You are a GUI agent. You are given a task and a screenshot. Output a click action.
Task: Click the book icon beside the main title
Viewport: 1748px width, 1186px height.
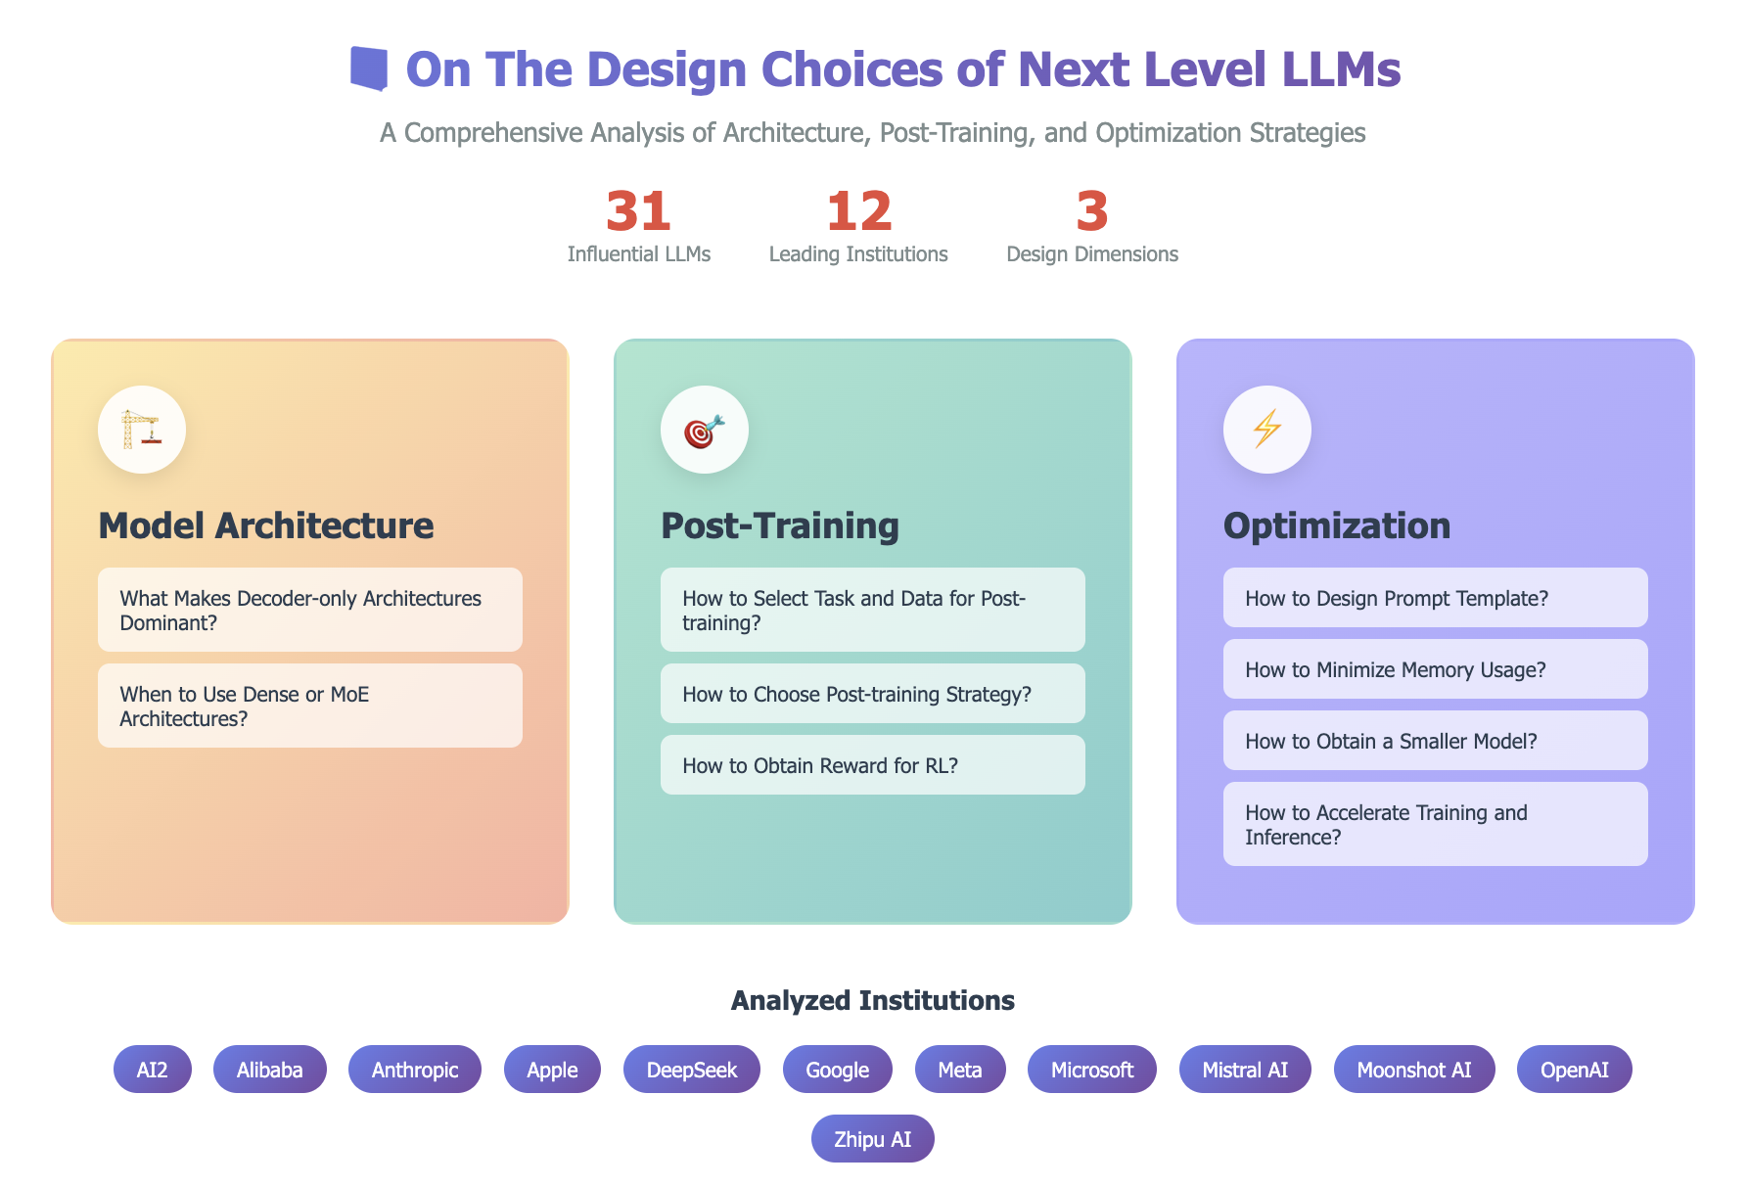[x=369, y=68]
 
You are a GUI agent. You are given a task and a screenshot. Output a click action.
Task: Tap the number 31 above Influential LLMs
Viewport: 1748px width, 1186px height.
[x=638, y=211]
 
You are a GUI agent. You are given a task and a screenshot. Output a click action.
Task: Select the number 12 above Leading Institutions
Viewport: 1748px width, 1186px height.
[x=858, y=211]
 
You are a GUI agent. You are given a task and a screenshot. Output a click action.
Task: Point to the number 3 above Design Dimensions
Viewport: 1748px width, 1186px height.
[x=1092, y=211]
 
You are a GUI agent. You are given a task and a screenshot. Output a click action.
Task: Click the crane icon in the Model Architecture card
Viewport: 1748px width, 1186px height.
[x=141, y=430]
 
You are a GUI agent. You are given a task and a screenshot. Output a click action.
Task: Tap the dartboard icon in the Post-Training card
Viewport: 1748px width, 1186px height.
[x=704, y=430]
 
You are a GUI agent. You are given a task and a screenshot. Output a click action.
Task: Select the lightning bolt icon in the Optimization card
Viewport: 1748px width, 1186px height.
[x=1266, y=430]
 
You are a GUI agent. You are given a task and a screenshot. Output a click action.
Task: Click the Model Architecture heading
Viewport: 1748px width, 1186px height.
[x=266, y=525]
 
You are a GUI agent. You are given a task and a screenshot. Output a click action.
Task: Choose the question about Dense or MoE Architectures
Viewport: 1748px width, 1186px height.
[x=310, y=706]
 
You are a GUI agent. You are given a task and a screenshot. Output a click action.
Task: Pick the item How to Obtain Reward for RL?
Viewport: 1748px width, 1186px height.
[x=873, y=764]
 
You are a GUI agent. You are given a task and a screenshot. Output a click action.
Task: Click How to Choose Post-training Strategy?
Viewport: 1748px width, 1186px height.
[x=873, y=693]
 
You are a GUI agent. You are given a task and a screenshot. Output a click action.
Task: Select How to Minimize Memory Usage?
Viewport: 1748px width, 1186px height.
[x=1436, y=668]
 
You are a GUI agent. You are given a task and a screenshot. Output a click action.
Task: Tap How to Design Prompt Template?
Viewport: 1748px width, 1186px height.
[x=1436, y=597]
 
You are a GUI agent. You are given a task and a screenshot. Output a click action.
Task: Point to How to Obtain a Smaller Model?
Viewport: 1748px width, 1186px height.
[x=1436, y=740]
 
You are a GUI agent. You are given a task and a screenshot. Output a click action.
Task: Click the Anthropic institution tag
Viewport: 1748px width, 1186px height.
[x=415, y=1069]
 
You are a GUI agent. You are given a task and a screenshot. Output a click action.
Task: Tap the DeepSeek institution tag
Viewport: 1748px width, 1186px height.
[x=692, y=1069]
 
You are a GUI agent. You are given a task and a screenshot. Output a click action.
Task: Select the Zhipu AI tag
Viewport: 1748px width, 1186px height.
[x=873, y=1138]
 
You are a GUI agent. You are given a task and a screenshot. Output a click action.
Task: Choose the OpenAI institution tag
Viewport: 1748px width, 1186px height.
[x=1575, y=1069]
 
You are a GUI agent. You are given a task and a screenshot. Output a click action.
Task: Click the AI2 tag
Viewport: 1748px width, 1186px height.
[x=153, y=1069]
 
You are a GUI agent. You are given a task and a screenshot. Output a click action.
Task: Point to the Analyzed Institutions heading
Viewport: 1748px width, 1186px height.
[x=873, y=1000]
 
